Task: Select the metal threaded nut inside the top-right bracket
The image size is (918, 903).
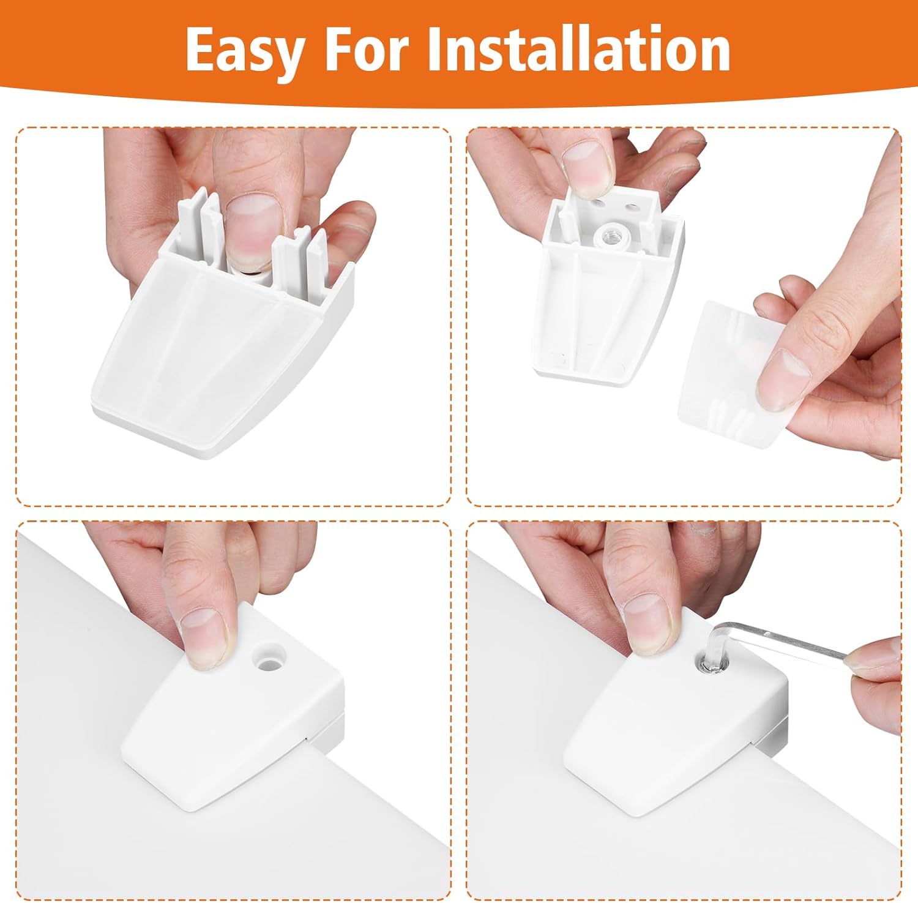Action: tap(610, 234)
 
